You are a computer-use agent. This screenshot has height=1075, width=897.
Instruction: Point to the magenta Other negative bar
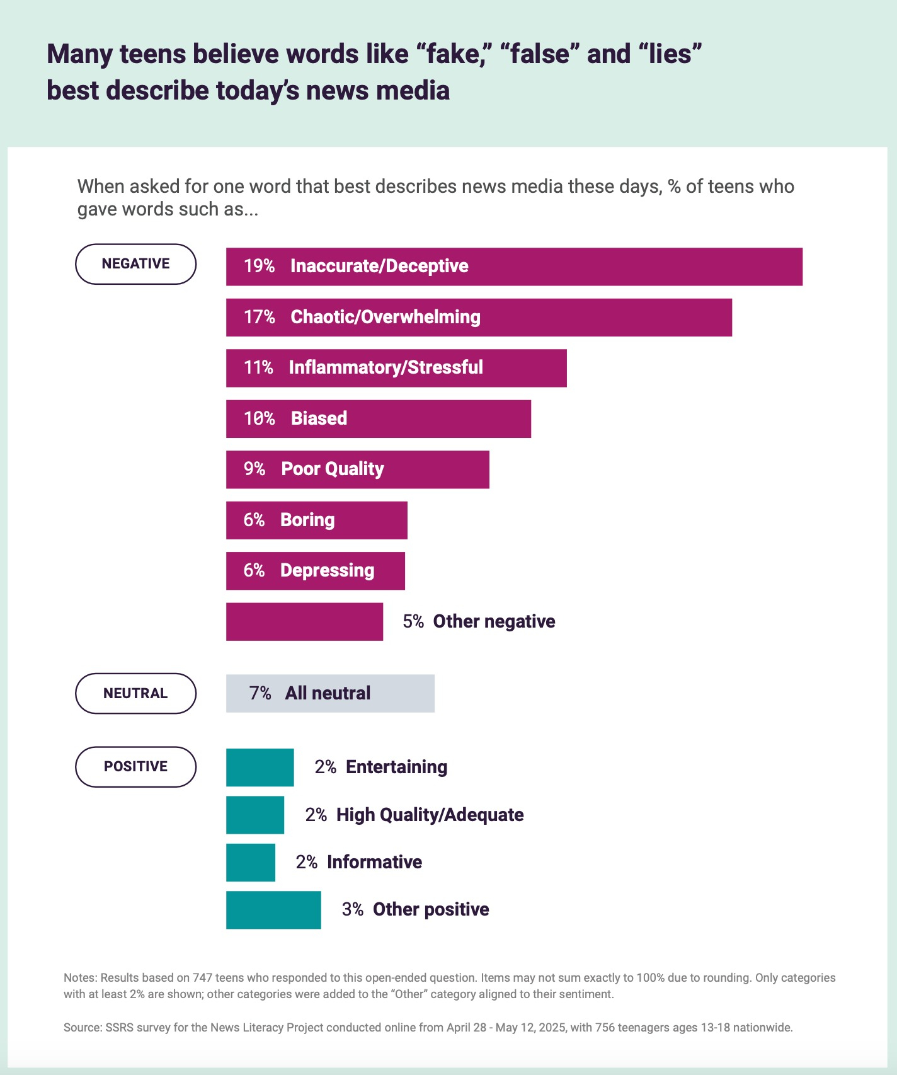[x=304, y=622]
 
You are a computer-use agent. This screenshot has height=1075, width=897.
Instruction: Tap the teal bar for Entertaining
[x=260, y=767]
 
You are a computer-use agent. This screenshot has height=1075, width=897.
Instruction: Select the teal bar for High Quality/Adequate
[x=254, y=815]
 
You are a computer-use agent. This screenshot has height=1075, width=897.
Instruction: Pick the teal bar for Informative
[x=250, y=863]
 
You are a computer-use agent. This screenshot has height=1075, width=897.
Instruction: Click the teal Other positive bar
[x=273, y=910]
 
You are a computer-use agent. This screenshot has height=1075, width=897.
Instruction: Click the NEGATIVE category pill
[x=135, y=264]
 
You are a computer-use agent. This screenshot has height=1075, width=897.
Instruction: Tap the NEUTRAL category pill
[x=135, y=693]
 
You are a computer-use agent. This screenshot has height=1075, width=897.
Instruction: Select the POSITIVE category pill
[x=135, y=767]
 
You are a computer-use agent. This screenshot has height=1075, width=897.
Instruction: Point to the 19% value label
[x=259, y=267]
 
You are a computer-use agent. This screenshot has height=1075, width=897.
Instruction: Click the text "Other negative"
[x=494, y=622]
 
